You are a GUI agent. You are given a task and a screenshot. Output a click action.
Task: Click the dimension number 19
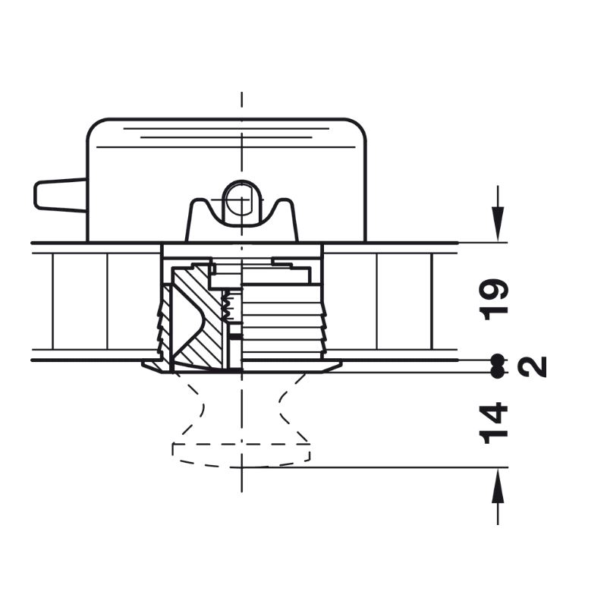click(494, 299)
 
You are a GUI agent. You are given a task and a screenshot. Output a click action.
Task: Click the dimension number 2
click(533, 366)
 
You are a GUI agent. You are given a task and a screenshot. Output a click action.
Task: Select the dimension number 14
click(494, 423)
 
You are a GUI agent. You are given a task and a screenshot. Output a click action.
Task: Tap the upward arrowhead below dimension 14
click(498, 485)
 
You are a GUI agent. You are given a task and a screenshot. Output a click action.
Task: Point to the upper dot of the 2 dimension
click(498, 360)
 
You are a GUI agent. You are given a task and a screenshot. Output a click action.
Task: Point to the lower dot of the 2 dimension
click(498, 372)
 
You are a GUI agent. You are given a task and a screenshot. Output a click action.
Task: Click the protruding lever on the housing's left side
click(60, 196)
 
